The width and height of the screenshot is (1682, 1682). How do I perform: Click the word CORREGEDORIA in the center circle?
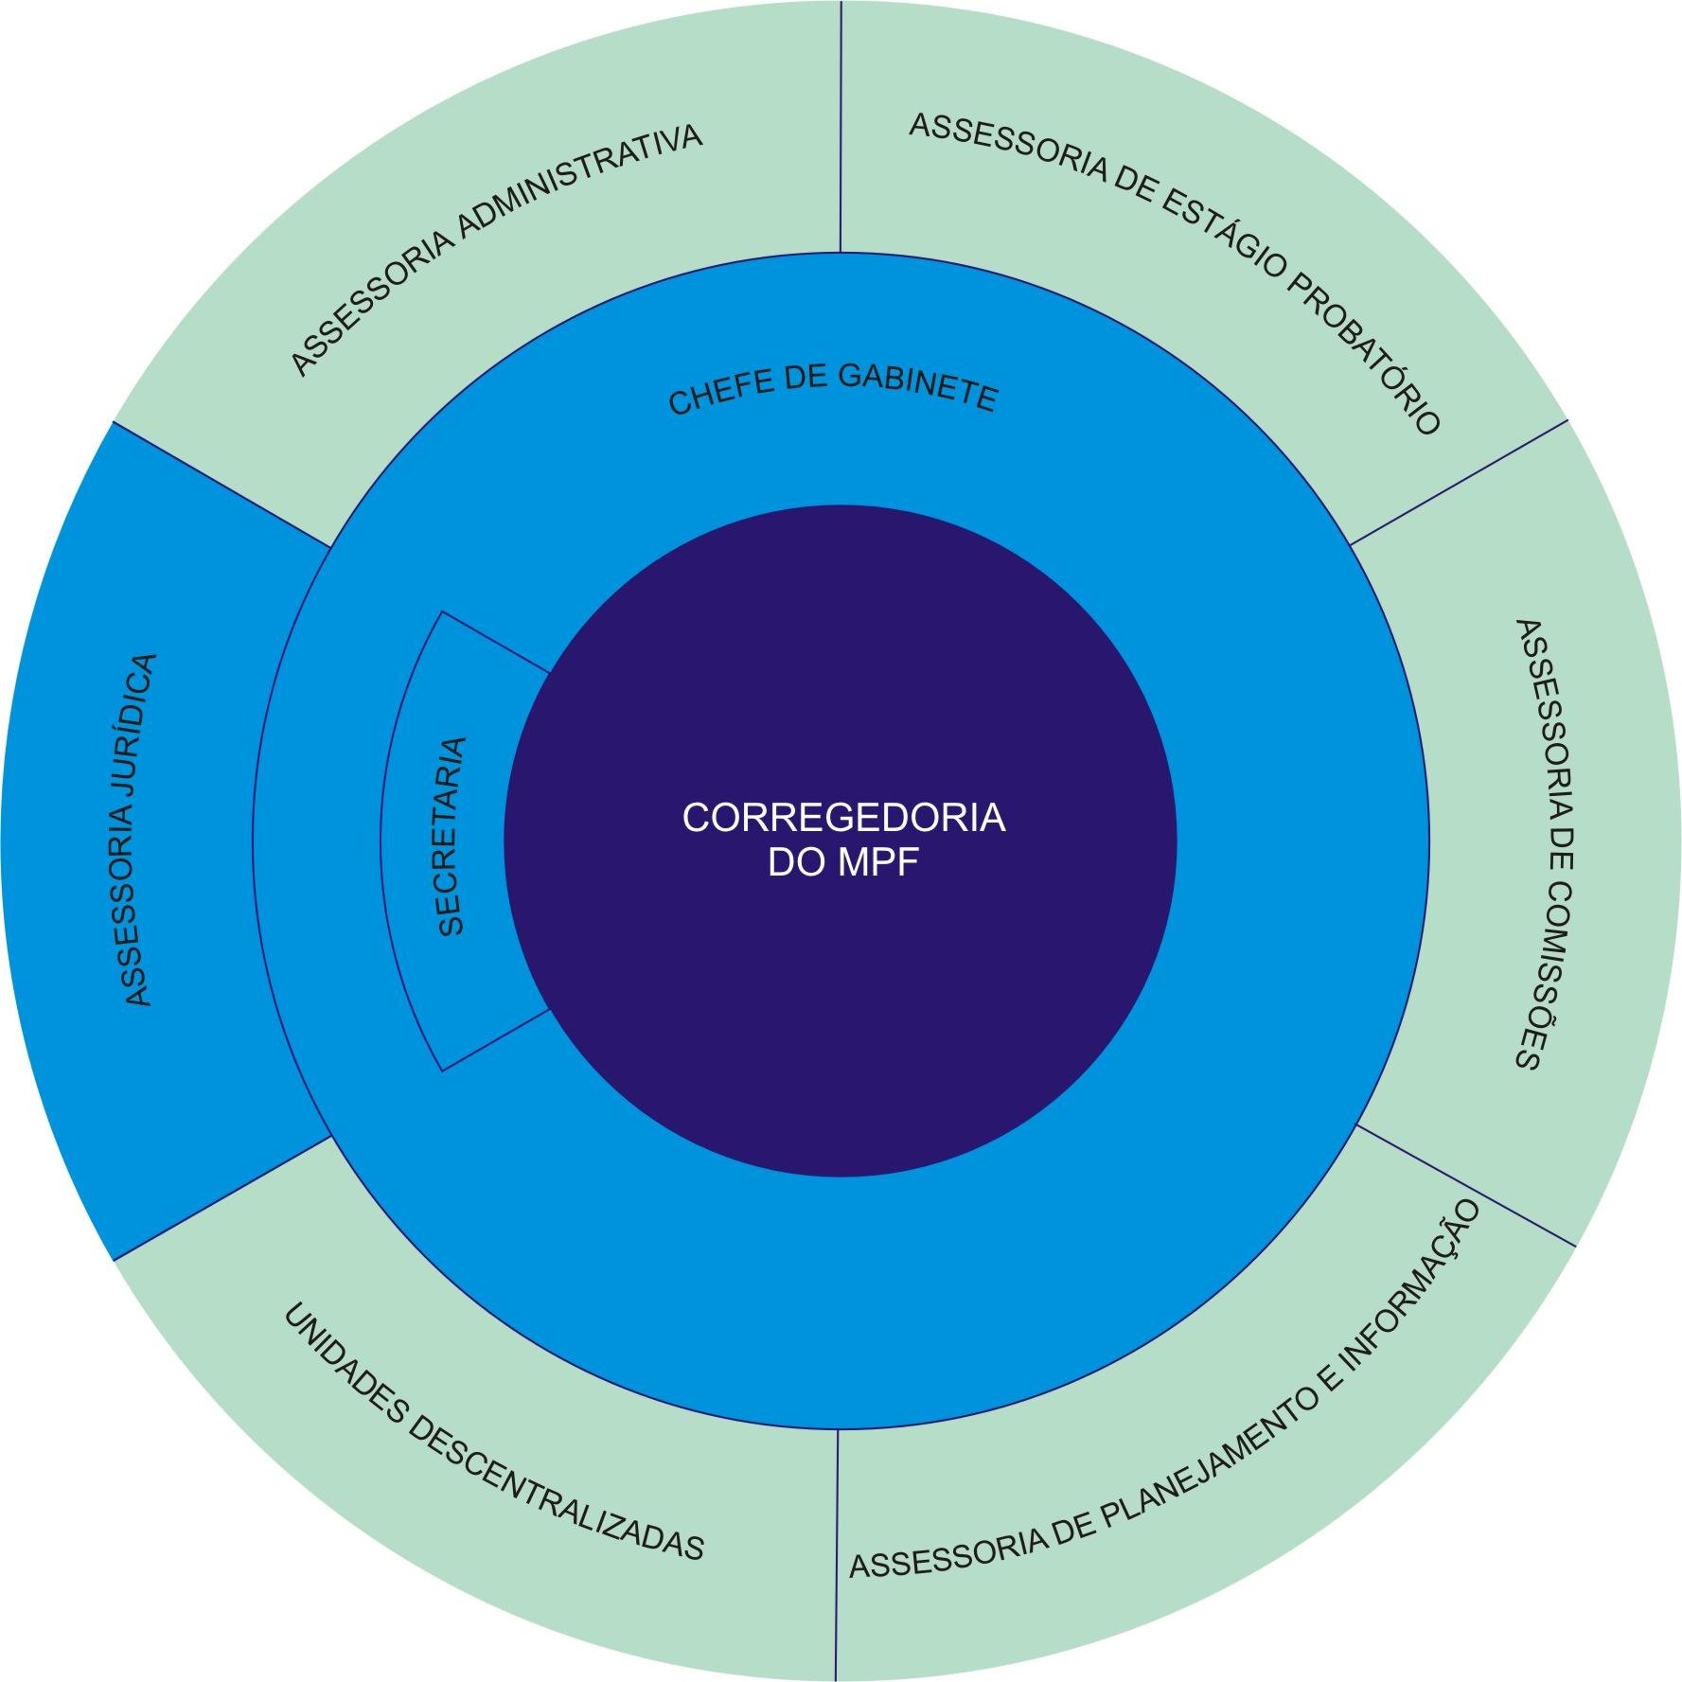pyautogui.click(x=843, y=818)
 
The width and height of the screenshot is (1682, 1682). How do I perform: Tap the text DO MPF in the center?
pyautogui.click(x=843, y=863)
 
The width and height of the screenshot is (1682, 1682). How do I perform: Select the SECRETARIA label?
pyautogui.click(x=452, y=837)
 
